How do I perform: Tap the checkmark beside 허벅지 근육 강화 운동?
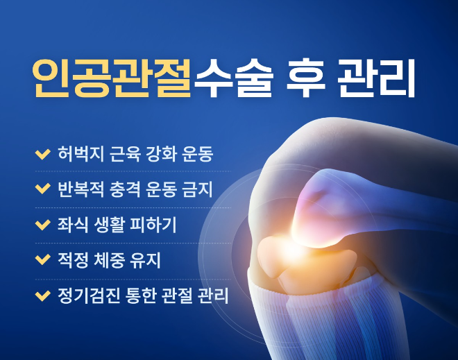click(42, 153)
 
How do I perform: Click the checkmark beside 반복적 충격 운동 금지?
click(42, 189)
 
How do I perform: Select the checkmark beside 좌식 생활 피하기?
click(42, 225)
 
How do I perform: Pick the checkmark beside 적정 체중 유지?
click(42, 261)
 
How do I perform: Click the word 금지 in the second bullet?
click(198, 189)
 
